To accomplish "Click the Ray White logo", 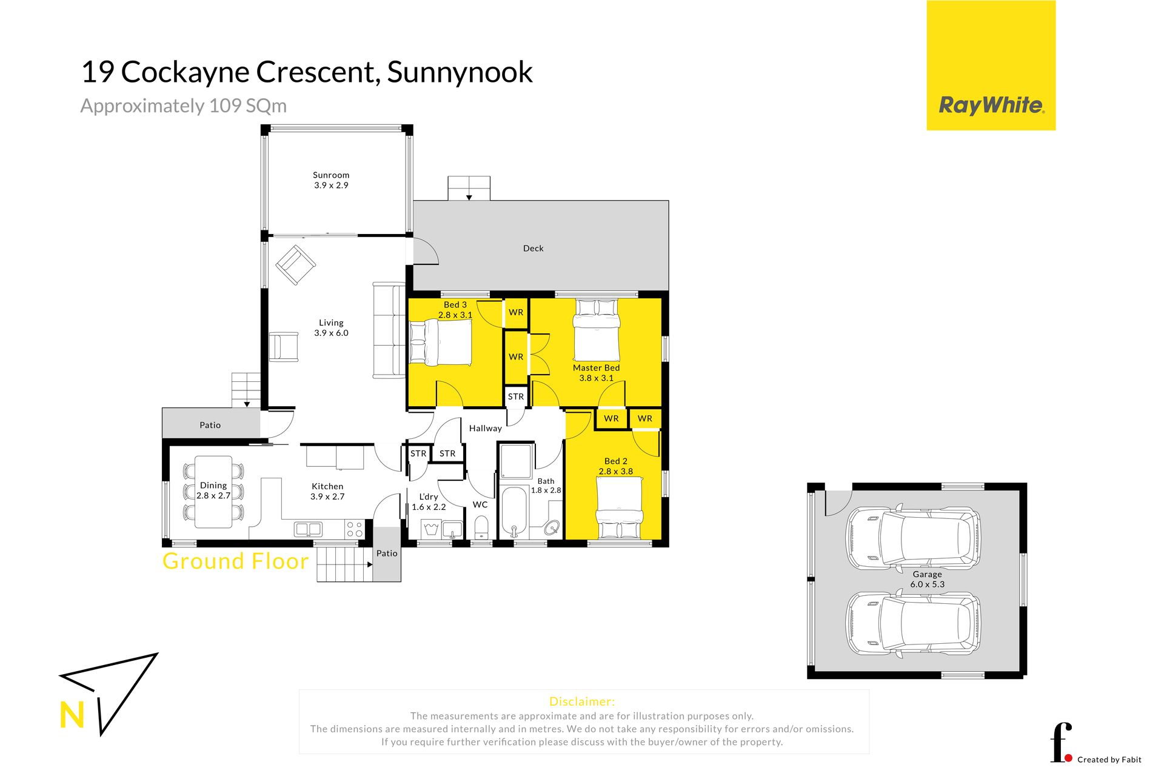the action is [x=991, y=65].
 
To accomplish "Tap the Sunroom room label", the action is [x=331, y=175].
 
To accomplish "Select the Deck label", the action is [x=533, y=248].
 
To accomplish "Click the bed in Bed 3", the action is [x=441, y=343].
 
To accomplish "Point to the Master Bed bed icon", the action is [x=597, y=330].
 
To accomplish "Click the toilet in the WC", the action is [x=481, y=527].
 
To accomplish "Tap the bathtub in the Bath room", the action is [x=514, y=512].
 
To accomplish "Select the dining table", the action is [x=213, y=492].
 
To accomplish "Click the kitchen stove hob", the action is [x=355, y=529].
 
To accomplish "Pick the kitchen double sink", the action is [x=308, y=529].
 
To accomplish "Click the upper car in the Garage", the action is [x=913, y=538].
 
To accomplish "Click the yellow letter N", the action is [x=72, y=715].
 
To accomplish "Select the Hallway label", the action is [x=486, y=428].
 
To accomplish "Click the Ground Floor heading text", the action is [x=236, y=561].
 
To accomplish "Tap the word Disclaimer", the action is [x=582, y=701].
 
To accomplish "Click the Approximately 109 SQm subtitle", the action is [x=184, y=106].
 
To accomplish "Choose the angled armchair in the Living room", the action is [x=296, y=265].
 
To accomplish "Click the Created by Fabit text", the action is [x=1109, y=760].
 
